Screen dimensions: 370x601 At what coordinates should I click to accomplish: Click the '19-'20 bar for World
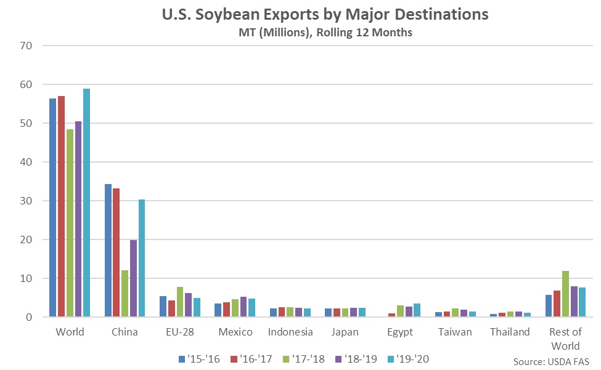(87, 203)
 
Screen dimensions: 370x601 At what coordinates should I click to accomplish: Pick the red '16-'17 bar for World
(61, 207)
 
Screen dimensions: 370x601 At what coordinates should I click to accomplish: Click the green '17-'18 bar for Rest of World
(565, 294)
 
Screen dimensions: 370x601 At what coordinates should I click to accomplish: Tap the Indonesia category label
(290, 332)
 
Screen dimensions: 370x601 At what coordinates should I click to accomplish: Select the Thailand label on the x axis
(510, 332)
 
